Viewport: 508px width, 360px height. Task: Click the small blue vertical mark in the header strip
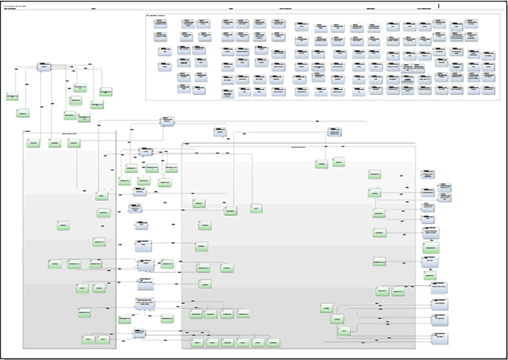click(x=439, y=6)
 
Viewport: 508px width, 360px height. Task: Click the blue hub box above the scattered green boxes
click(x=44, y=67)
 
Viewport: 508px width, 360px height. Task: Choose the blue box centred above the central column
click(x=166, y=121)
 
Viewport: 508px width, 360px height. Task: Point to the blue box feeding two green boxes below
click(x=335, y=133)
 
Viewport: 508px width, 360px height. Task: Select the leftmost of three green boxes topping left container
click(x=33, y=143)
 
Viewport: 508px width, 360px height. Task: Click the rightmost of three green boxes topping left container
click(x=74, y=143)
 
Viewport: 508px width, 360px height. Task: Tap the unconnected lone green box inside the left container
click(x=63, y=226)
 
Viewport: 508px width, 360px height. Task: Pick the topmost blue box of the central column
click(x=146, y=152)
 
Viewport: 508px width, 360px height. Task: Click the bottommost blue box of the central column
click(x=140, y=333)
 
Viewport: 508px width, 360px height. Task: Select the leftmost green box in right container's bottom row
click(x=197, y=342)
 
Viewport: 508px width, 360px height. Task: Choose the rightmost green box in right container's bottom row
click(x=273, y=342)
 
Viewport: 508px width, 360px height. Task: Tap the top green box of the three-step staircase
click(x=326, y=309)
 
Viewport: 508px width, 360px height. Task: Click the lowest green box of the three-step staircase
click(x=344, y=331)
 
